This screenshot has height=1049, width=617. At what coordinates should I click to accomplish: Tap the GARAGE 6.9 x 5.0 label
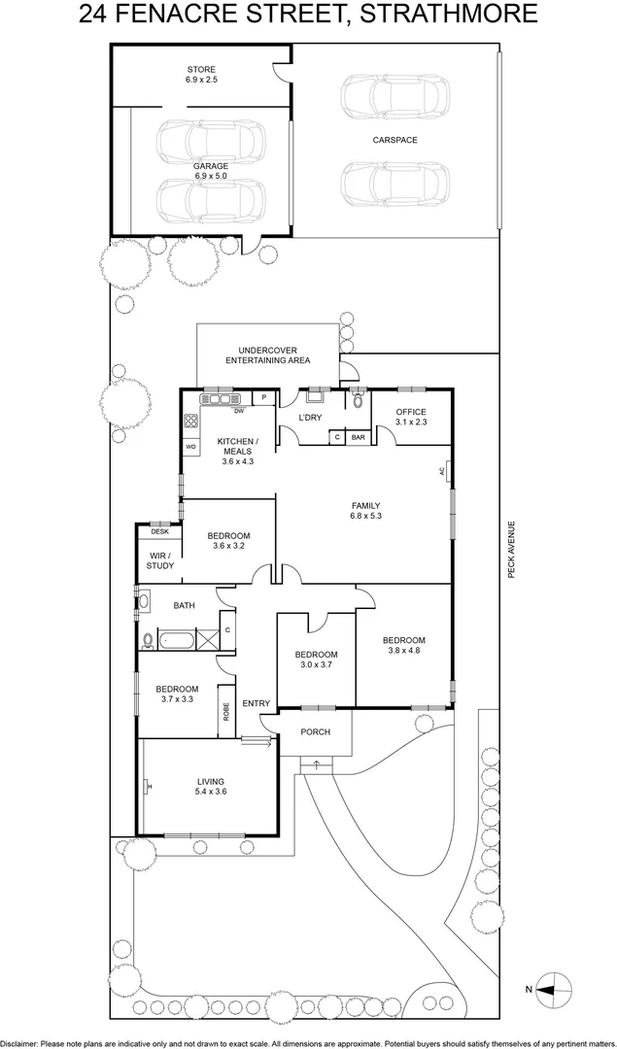(x=210, y=171)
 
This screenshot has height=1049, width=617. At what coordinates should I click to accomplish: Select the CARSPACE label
(x=394, y=141)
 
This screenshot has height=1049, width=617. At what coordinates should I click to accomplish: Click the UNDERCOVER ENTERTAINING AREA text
(x=267, y=355)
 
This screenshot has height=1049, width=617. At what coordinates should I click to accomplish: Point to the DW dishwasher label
(x=237, y=411)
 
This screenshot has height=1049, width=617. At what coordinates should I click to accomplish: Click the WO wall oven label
(x=191, y=446)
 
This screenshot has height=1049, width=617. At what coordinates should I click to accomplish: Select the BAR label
(x=358, y=437)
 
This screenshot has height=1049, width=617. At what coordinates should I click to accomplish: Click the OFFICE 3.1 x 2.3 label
(x=411, y=417)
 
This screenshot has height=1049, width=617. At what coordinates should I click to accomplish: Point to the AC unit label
(x=441, y=471)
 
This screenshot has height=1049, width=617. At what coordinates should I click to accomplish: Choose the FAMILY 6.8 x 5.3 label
(x=365, y=510)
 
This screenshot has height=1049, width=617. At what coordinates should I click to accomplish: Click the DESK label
(x=159, y=531)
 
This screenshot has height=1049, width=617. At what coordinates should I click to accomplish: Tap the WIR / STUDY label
(x=160, y=560)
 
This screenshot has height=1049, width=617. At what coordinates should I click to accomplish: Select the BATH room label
(x=184, y=606)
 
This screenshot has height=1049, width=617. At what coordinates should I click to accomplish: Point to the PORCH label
(x=315, y=732)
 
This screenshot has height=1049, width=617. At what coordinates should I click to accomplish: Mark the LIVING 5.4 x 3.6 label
(x=210, y=787)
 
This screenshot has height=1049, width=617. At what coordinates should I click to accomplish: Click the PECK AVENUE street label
(x=510, y=551)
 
